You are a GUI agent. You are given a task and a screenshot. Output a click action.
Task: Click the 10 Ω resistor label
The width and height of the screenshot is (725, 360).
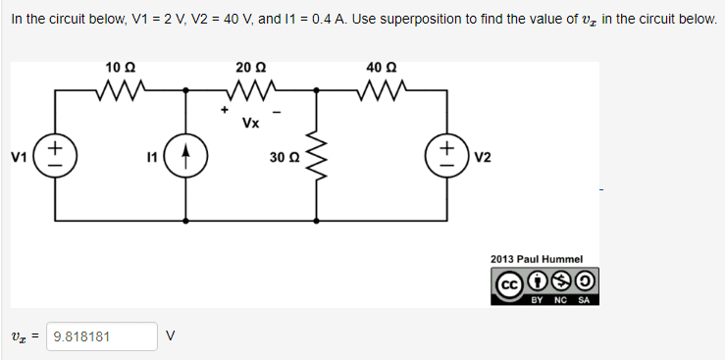click(x=121, y=68)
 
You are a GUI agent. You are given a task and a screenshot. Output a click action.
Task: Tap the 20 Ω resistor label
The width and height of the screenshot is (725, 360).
click(x=250, y=68)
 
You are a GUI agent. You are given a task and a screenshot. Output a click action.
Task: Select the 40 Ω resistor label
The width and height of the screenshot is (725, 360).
click(x=381, y=68)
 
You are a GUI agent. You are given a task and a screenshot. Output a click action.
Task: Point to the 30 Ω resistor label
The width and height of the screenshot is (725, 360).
click(x=285, y=158)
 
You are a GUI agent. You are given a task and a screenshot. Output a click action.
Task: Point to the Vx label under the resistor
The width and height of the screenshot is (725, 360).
click(x=250, y=123)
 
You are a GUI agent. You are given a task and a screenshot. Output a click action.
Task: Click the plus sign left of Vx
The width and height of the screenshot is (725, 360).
click(x=225, y=110)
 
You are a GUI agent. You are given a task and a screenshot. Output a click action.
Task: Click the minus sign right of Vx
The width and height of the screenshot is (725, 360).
click(x=279, y=112)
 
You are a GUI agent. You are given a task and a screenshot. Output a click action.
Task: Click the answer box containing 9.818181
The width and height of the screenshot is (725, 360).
click(x=102, y=336)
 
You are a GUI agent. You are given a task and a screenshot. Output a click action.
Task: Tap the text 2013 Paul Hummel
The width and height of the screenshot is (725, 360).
click(x=537, y=259)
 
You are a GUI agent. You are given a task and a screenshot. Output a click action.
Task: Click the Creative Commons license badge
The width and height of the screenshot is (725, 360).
click(x=544, y=286)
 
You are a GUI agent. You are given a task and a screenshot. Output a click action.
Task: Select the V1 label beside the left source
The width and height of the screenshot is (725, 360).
click(x=19, y=158)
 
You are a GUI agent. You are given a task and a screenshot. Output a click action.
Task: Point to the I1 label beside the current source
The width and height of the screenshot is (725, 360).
click(x=151, y=158)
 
